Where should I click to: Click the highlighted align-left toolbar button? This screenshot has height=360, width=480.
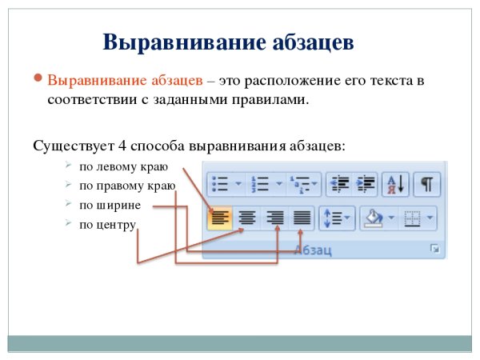click(x=218, y=217)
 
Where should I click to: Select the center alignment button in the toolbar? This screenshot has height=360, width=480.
click(x=247, y=217)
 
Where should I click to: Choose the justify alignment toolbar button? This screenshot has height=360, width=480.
click(x=302, y=217)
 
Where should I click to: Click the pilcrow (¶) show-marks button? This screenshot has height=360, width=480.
click(x=428, y=184)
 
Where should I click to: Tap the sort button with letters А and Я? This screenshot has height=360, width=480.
click(x=395, y=184)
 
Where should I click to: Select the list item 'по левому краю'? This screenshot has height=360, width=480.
click(x=122, y=167)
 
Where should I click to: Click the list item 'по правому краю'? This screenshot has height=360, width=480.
click(x=126, y=186)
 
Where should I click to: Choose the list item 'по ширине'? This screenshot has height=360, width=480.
click(x=110, y=206)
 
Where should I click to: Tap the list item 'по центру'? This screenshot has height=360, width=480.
click(x=107, y=225)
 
